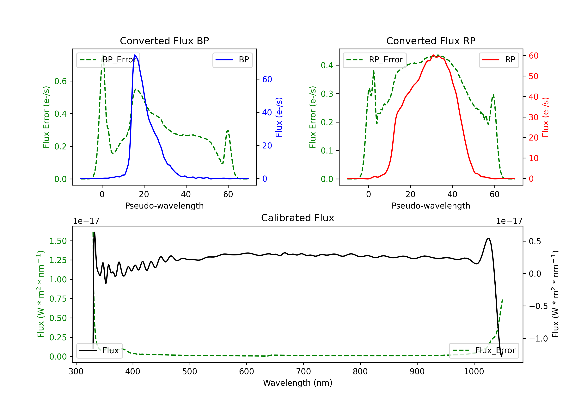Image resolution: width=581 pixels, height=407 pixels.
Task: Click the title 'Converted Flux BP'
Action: (164, 41)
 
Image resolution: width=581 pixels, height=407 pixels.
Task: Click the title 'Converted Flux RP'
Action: (431, 41)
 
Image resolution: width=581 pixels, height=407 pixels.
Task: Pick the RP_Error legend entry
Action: (375, 60)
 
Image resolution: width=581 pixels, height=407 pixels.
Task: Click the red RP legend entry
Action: (499, 60)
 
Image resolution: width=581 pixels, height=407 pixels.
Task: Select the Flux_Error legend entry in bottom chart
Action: (484, 351)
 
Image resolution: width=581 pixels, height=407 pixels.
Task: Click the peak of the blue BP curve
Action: (135, 55)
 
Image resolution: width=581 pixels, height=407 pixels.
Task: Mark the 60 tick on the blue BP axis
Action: (267, 79)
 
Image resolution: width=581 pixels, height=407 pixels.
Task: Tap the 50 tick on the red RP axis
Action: (533, 76)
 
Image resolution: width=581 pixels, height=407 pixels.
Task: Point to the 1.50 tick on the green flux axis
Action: (58, 241)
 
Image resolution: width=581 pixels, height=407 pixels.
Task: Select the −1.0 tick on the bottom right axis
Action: (538, 339)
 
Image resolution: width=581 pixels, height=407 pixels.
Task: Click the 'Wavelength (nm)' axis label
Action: (298, 383)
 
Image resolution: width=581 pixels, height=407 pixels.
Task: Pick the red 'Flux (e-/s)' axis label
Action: (545, 117)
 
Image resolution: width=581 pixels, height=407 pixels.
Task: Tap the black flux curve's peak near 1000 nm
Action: (489, 238)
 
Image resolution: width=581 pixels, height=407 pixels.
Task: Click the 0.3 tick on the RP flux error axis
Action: (327, 94)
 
